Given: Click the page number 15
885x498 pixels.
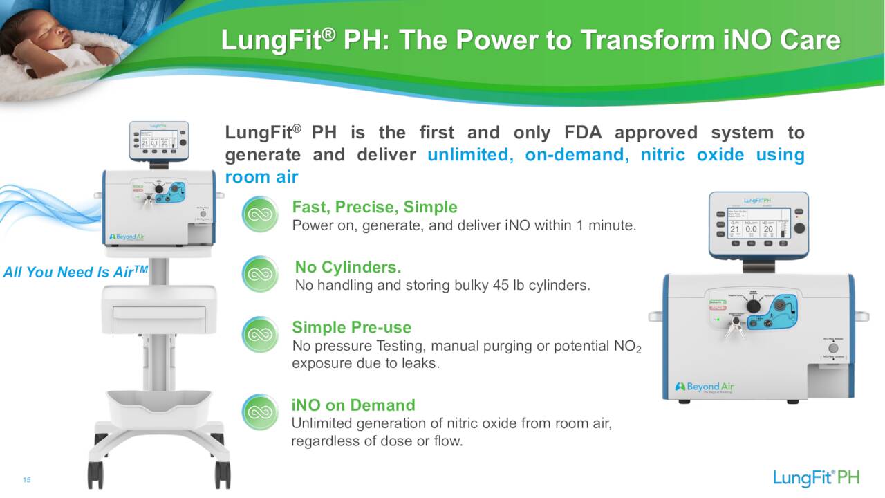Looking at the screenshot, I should (x=27, y=481).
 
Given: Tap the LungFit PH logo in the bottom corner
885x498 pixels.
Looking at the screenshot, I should (x=816, y=478).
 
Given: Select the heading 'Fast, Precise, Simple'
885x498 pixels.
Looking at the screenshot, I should (x=374, y=207).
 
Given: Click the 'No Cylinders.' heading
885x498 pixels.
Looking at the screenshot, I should (x=348, y=267).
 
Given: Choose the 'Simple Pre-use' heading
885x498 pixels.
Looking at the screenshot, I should (x=351, y=327).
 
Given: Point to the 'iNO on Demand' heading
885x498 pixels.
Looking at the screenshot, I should (x=353, y=405).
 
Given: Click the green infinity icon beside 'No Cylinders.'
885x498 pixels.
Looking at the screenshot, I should (x=260, y=275).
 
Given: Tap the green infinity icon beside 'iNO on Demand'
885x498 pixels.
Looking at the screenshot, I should (x=260, y=412).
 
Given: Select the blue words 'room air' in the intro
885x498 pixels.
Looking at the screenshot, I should (x=261, y=177).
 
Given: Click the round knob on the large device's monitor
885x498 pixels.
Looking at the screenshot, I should (x=800, y=228).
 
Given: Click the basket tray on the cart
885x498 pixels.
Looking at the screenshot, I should (x=159, y=405).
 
